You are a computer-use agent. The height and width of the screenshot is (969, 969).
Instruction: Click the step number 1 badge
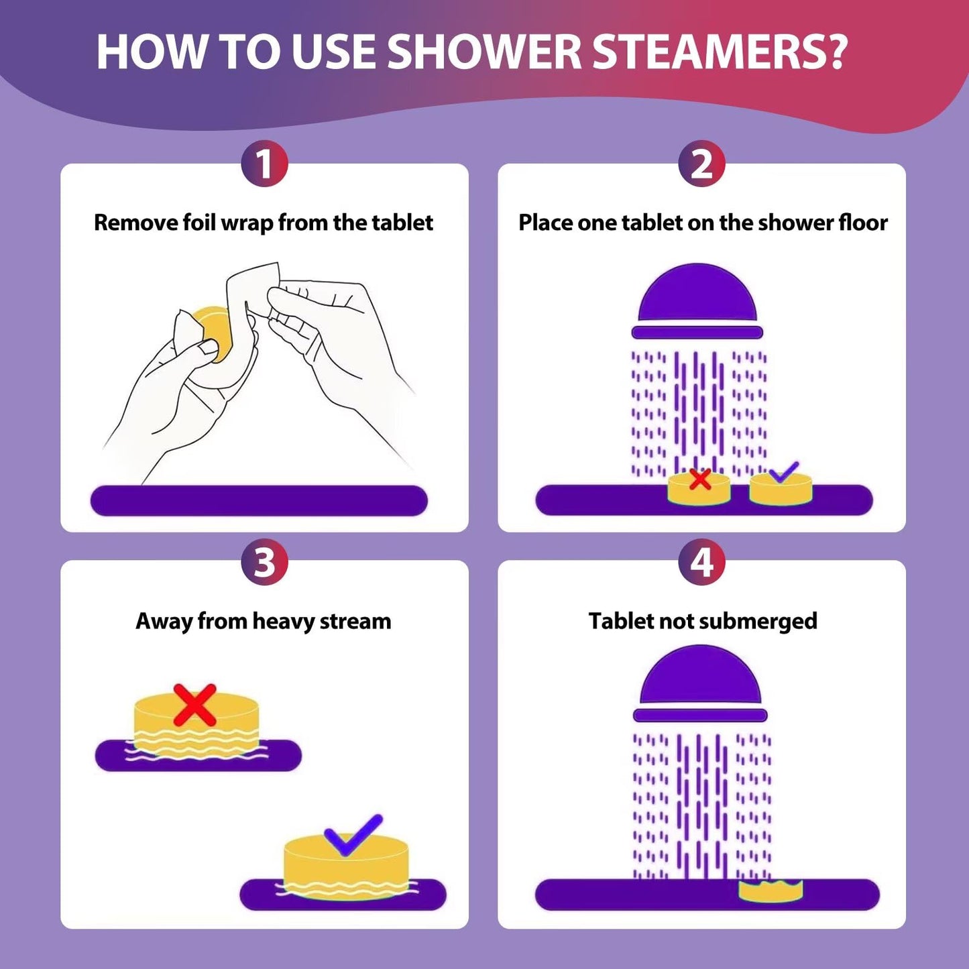(x=264, y=164)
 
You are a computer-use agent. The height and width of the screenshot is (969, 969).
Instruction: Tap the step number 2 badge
(x=701, y=164)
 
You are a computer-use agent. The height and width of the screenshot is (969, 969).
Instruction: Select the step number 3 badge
(x=264, y=561)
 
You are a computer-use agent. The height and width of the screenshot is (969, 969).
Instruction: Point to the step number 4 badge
(x=701, y=561)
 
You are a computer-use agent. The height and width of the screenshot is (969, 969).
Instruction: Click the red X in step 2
(x=700, y=479)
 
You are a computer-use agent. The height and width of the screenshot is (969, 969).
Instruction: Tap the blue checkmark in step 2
(x=783, y=472)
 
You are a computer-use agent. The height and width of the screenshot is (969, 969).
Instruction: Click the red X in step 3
(x=194, y=705)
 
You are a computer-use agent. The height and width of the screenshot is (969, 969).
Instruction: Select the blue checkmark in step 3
(x=353, y=835)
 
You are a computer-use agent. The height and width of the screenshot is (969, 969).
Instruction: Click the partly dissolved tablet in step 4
(x=771, y=891)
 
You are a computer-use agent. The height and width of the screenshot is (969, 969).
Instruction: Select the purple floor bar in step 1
(x=259, y=500)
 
